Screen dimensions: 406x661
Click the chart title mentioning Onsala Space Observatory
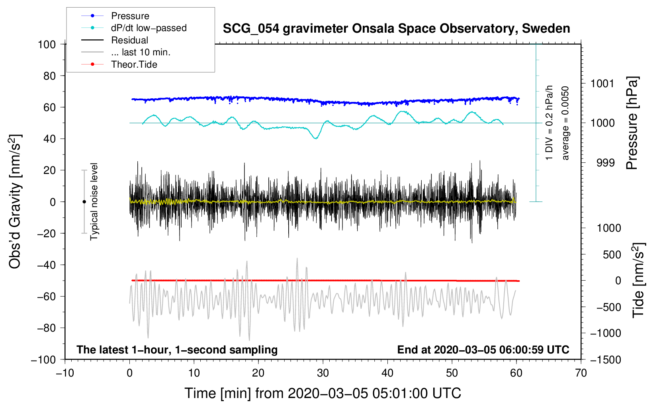(396, 29)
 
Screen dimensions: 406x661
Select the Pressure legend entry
(130, 16)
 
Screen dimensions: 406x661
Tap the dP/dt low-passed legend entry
(149, 28)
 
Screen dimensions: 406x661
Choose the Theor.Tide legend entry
(134, 64)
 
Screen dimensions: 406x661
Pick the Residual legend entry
(129, 40)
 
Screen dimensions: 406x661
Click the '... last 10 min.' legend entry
(141, 52)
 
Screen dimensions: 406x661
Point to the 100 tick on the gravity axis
(47, 44)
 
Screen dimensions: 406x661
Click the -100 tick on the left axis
(44, 359)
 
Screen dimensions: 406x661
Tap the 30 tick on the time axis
(323, 373)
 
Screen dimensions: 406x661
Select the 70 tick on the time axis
(581, 373)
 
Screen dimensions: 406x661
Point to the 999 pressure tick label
(605, 163)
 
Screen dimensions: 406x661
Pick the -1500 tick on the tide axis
(606, 359)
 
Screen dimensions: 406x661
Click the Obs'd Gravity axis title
(15, 202)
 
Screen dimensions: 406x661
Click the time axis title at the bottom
(323, 393)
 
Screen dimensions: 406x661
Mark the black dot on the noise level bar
(84, 202)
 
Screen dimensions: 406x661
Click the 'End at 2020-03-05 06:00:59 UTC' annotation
(483, 349)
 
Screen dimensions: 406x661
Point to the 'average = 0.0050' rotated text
(565, 123)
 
